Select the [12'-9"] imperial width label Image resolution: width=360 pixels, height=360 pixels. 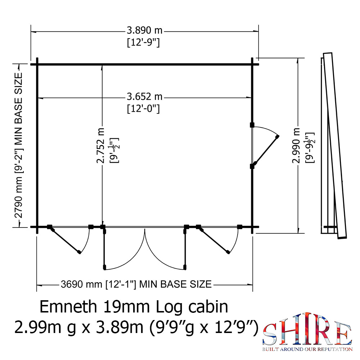[x=143, y=43]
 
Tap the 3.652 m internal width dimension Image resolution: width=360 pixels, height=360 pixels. [x=144, y=97]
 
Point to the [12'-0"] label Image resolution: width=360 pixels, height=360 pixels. [x=143, y=108]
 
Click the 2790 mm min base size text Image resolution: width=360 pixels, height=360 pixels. [x=18, y=146]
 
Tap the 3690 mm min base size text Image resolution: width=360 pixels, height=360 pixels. [x=135, y=284]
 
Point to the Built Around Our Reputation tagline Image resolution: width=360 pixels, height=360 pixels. [x=307, y=349]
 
